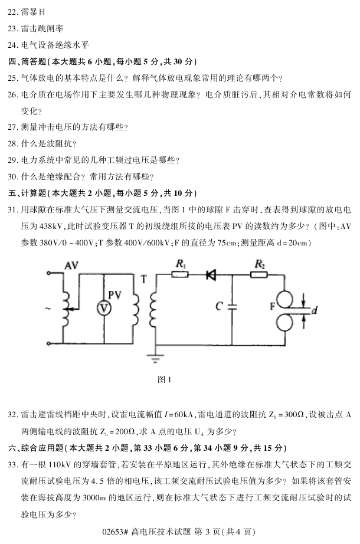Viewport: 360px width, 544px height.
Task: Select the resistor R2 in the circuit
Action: pos(259,274)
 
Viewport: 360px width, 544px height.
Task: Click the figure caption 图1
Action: pos(165,379)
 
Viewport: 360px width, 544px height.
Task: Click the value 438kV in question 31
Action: pos(47,226)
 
